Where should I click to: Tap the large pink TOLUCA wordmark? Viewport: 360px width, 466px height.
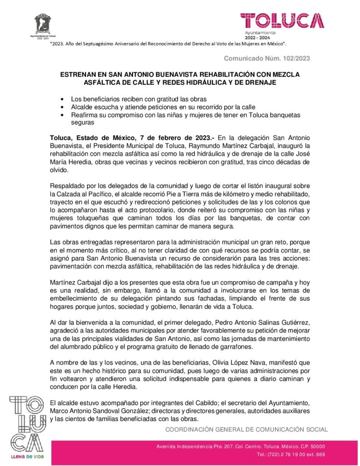282,20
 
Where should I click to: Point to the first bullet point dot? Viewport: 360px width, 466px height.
62,99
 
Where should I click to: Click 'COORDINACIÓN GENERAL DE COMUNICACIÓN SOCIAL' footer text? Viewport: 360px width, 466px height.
246,429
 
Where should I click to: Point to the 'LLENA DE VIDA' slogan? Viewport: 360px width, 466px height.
27,456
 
